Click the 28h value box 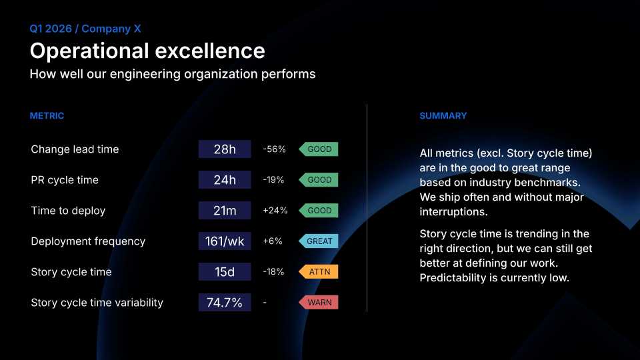pos(225,149)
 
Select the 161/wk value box pos(225,241)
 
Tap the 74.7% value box pos(225,303)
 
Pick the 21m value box pos(225,211)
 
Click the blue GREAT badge pos(319,241)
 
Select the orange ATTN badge pos(319,272)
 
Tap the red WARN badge pos(319,303)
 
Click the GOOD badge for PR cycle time pos(319,180)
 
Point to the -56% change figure pos(274,149)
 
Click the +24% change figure pos(275,211)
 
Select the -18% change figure pos(273,272)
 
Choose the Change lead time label pos(75,149)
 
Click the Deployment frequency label pos(88,241)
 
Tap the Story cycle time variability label pos(97,303)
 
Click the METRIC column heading pos(47,116)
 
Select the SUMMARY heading pos(443,116)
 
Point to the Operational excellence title pos(147,51)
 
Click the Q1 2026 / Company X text pos(85,29)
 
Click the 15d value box pos(225,272)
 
